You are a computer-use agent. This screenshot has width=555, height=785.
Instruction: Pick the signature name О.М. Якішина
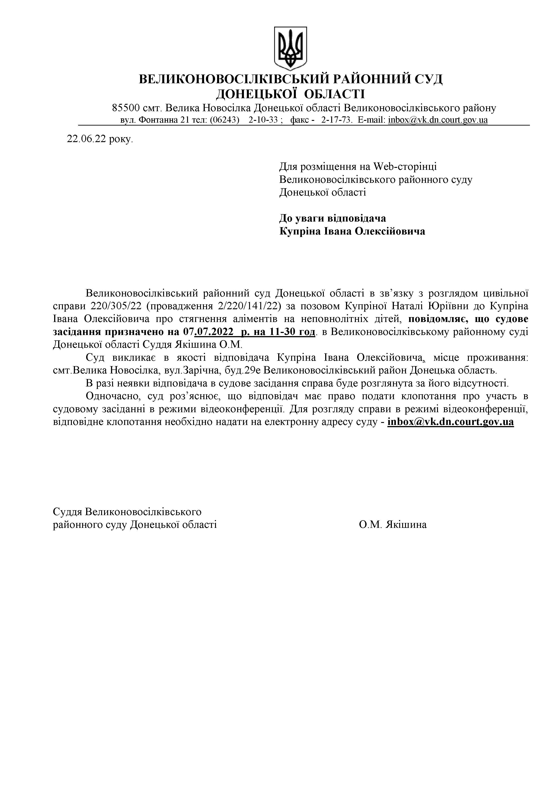coord(393,525)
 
